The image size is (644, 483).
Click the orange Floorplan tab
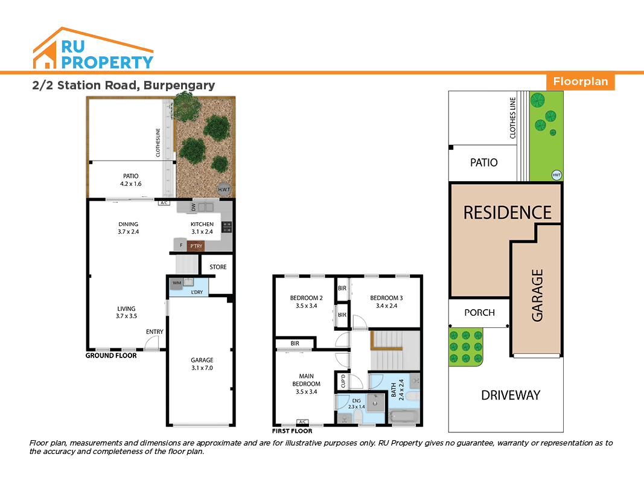pos(580,82)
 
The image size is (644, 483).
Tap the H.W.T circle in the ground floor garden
pos(224,189)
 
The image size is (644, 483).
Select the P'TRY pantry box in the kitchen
pos(196,246)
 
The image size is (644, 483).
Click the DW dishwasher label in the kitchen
pos(194,207)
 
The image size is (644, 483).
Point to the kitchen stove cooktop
pos(227,227)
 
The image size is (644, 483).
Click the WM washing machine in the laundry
pos(177,283)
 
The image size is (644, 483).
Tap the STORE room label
pos(218,267)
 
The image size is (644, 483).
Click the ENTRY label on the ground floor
pos(155,332)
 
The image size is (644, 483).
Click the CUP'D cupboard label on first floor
pos(343,381)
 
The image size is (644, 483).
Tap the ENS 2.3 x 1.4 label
pos(357,404)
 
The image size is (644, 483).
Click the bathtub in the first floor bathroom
pos(404,416)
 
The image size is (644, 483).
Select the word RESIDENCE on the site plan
pos(507,213)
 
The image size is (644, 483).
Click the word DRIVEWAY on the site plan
pos(511,395)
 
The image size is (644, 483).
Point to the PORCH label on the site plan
pos(479,313)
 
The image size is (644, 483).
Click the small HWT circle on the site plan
pos(556,175)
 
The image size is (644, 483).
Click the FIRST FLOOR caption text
pos(292,431)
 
